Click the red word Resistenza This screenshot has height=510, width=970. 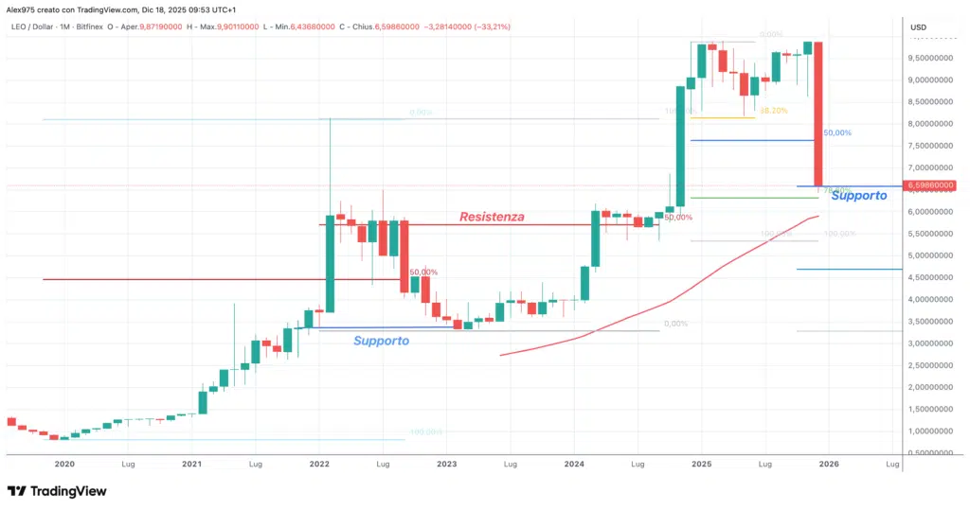pyautogui.click(x=492, y=218)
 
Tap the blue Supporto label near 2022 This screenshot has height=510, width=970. pyautogui.click(x=381, y=341)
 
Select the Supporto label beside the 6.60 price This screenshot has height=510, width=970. pyautogui.click(x=858, y=196)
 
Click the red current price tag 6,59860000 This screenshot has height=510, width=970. pyautogui.click(x=928, y=185)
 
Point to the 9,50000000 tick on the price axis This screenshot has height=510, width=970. pyautogui.click(x=929, y=58)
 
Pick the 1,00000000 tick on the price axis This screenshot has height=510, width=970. pyautogui.click(x=929, y=431)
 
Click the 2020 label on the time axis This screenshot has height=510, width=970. pyautogui.click(x=64, y=465)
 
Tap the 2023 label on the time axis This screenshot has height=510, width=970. pyautogui.click(x=447, y=465)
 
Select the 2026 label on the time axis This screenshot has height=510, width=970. pyautogui.click(x=829, y=465)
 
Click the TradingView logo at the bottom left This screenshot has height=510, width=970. pyautogui.click(x=57, y=491)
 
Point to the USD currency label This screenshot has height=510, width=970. pyautogui.click(x=918, y=27)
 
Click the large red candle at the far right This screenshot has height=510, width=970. pyautogui.click(x=817, y=114)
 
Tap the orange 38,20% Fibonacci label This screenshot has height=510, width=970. pyautogui.click(x=773, y=111)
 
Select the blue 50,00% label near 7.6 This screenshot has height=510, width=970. pyautogui.click(x=837, y=133)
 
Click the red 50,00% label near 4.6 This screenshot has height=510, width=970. pyautogui.click(x=422, y=273)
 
